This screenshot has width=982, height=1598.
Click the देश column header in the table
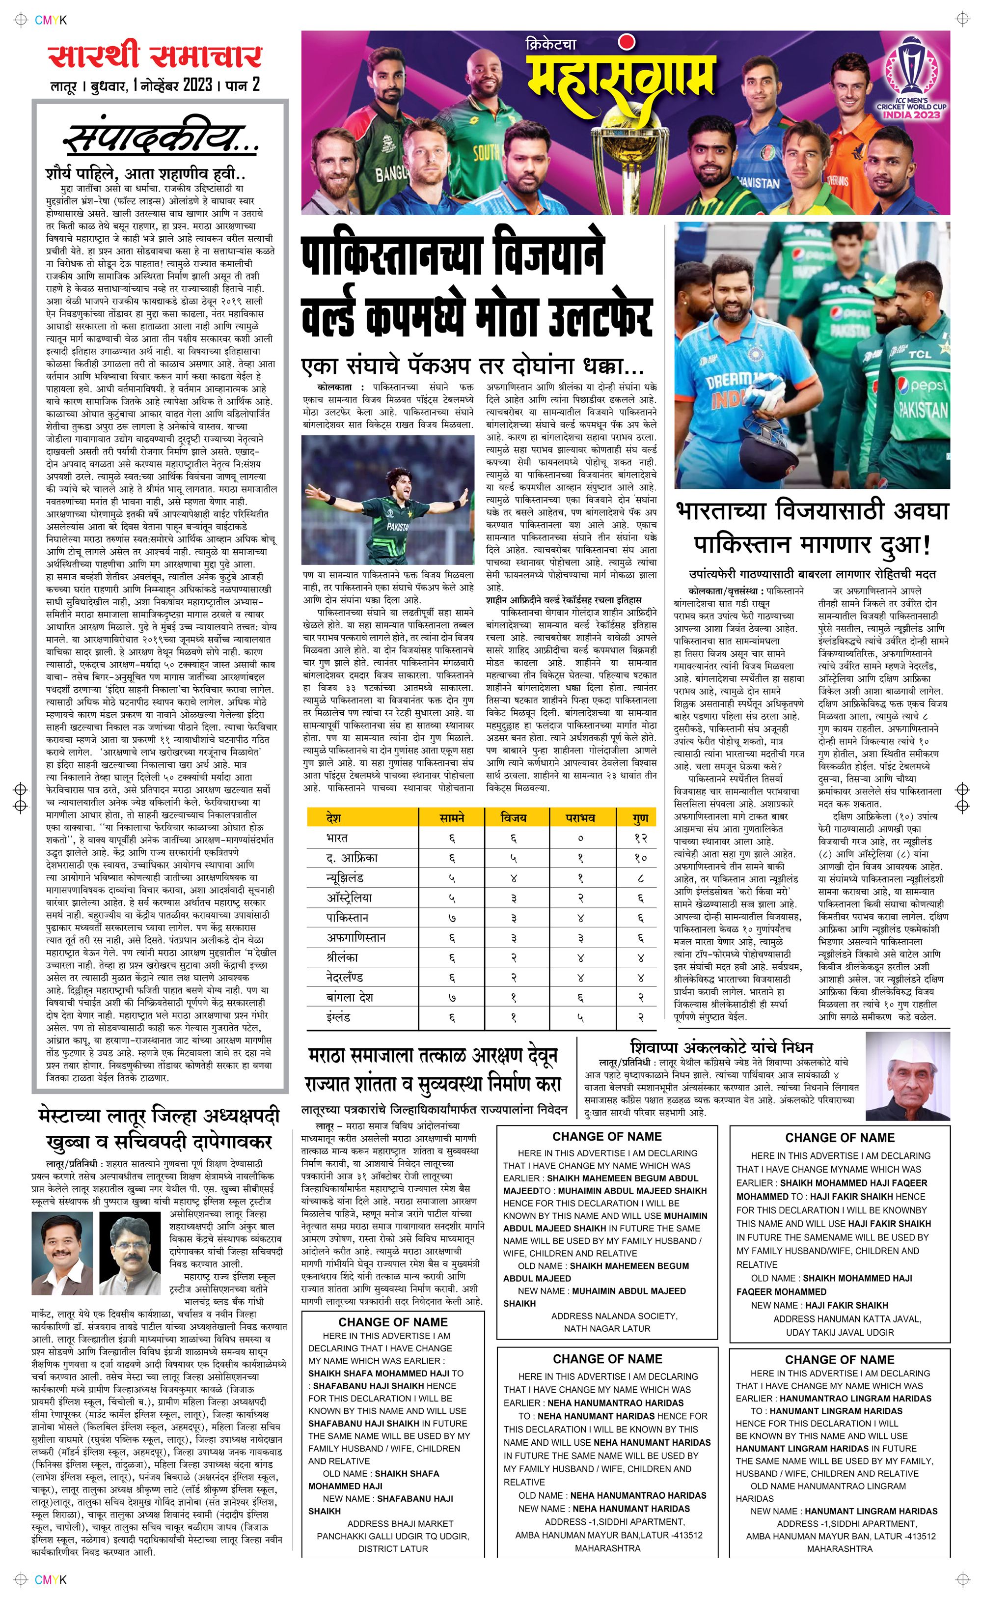click(334, 817)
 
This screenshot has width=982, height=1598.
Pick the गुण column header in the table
click(640, 817)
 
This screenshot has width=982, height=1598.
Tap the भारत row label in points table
click(337, 838)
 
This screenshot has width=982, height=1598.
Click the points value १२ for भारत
click(640, 838)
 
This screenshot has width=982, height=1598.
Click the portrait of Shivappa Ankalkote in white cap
click(908, 1075)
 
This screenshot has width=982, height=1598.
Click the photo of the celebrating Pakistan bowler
click(388, 500)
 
